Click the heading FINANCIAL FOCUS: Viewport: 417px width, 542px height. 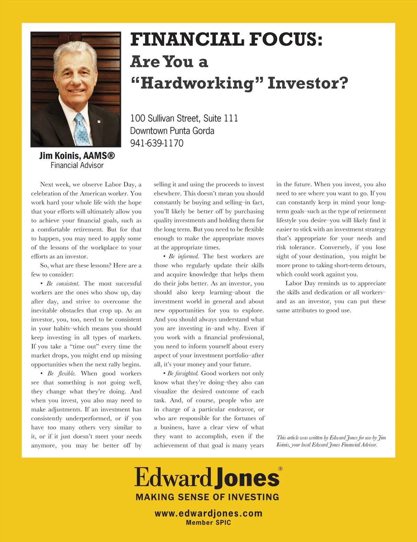point(226,39)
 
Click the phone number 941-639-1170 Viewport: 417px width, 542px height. point(157,143)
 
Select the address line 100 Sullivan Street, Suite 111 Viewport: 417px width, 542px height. point(184,118)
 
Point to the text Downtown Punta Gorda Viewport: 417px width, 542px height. point(172,131)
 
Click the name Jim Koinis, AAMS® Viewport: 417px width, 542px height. point(77,156)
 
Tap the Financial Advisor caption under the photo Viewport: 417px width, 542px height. point(77,165)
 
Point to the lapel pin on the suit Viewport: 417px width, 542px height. point(99,121)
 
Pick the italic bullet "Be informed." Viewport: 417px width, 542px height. point(183,256)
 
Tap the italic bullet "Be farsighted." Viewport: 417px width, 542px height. point(183,373)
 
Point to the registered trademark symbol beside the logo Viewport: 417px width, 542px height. point(280,469)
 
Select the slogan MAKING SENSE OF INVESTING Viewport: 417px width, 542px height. point(207,497)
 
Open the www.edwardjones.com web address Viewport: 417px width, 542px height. point(208,513)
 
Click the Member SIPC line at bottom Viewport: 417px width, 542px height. point(208,523)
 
